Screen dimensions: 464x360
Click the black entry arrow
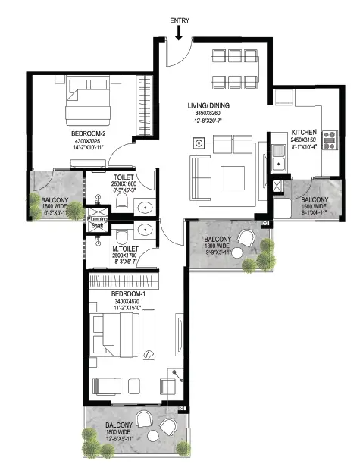point(180,33)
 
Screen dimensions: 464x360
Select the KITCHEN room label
point(305,132)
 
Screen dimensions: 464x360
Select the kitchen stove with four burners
point(330,140)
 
